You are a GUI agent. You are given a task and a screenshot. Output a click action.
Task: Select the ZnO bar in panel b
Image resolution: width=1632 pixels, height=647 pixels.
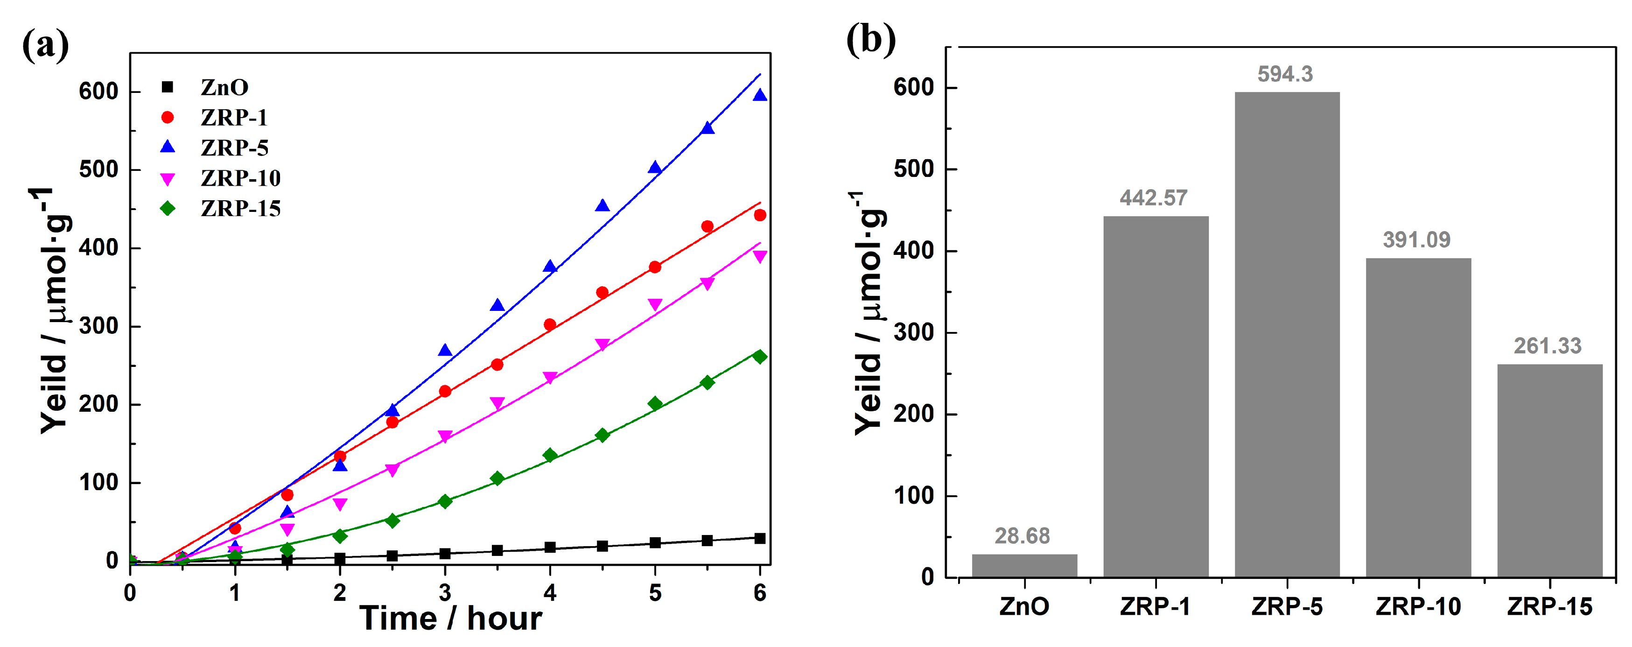(x=1024, y=565)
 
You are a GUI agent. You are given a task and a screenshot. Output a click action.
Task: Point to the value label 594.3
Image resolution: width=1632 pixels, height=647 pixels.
(x=1285, y=74)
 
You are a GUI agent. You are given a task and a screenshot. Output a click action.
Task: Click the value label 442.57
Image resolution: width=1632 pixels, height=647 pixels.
(x=1153, y=198)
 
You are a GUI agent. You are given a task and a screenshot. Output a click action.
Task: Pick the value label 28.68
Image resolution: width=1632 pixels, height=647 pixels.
(x=1022, y=536)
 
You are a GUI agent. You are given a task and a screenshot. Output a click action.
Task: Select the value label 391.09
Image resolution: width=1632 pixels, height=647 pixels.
(x=1416, y=239)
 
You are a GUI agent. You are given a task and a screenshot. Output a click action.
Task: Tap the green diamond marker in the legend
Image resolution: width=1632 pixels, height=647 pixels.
(x=167, y=209)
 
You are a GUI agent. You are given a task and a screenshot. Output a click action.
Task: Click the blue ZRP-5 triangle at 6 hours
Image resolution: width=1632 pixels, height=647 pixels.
(x=760, y=96)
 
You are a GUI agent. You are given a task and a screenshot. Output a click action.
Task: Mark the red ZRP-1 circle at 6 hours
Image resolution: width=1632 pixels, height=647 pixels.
(x=760, y=216)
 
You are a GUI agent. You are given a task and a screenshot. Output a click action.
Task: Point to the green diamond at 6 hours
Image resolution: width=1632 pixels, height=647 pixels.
(x=760, y=357)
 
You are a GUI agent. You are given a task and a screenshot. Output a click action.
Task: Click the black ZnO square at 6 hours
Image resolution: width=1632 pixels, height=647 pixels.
(x=760, y=539)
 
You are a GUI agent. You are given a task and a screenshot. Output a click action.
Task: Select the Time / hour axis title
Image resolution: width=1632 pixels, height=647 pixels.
(x=450, y=619)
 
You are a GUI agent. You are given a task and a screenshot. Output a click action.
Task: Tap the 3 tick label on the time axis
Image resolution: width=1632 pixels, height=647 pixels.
(x=445, y=593)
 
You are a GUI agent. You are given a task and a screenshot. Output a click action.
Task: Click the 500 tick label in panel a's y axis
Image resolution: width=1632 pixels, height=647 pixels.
(x=99, y=170)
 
